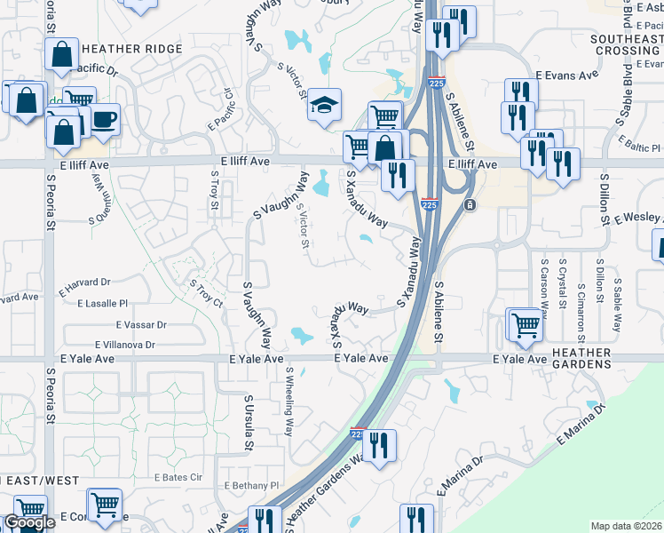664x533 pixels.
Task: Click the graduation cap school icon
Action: [325, 105]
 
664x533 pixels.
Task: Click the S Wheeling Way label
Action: [289, 400]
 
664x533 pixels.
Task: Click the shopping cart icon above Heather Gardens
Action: [526, 325]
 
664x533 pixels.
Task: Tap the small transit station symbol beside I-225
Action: [470, 205]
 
